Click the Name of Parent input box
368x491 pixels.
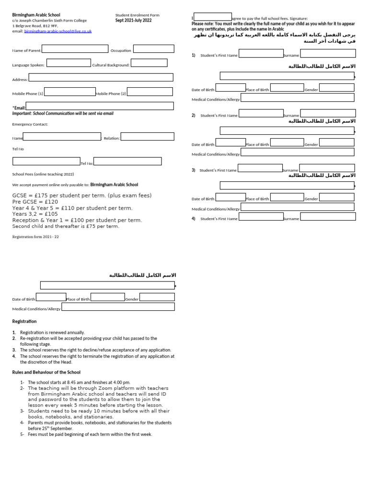[x=75, y=49]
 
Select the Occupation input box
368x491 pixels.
[x=153, y=49]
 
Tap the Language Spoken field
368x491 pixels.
[x=69, y=63]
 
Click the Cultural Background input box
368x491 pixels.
[x=149, y=63]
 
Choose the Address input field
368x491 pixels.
[x=101, y=77]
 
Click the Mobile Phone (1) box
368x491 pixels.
[x=69, y=92]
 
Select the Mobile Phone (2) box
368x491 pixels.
[x=149, y=92]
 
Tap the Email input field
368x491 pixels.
[x=100, y=106]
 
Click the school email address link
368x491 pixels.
[x=57, y=31]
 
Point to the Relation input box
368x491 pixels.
[x=147, y=137]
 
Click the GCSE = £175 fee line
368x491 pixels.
[x=81, y=196]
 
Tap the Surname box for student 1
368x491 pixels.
[x=328, y=53]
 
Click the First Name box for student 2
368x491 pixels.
[x=261, y=114]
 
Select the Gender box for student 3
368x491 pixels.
[x=336, y=197]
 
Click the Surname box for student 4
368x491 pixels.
[x=334, y=217]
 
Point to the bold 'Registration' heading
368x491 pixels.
[x=24, y=321]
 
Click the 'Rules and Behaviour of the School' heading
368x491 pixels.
[x=46, y=372]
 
